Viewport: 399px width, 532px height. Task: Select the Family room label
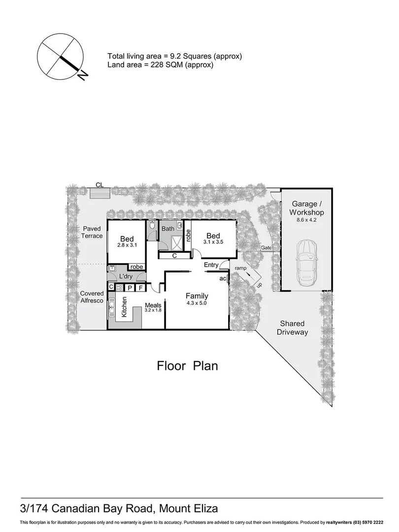(x=197, y=296)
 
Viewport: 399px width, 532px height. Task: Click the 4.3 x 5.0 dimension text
(x=197, y=303)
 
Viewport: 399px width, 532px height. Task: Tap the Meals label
(x=153, y=304)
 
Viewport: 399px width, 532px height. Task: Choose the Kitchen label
(x=125, y=307)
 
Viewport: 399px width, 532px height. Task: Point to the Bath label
(x=168, y=229)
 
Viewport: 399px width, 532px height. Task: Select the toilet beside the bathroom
(x=152, y=227)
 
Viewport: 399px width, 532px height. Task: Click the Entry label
(x=211, y=265)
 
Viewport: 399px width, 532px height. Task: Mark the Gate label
(x=266, y=248)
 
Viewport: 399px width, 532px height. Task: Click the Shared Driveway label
(x=292, y=328)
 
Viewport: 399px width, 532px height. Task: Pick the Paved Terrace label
(x=92, y=232)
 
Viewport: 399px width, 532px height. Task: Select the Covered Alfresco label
(x=92, y=298)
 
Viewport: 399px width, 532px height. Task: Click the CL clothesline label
(x=100, y=185)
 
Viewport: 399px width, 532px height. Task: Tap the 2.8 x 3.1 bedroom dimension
(x=127, y=245)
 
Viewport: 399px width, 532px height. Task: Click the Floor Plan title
(x=187, y=366)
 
